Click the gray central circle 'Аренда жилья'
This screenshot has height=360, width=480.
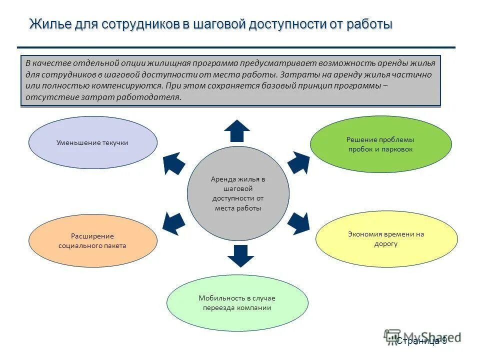click(x=238, y=193)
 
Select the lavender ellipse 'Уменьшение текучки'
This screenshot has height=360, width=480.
click(x=92, y=142)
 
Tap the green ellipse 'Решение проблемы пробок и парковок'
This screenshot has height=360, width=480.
click(x=380, y=144)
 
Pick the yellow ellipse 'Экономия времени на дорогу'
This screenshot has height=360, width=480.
click(x=386, y=239)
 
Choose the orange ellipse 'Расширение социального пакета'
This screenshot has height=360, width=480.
click(x=92, y=241)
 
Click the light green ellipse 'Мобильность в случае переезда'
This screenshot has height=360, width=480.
click(x=237, y=303)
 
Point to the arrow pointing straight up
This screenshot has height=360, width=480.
click(x=237, y=131)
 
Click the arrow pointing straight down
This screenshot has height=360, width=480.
click(x=240, y=255)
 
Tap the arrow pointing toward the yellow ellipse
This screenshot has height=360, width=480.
click(x=298, y=223)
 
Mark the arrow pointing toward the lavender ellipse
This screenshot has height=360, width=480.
click(x=174, y=163)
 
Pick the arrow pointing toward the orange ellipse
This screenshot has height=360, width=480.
click(x=174, y=221)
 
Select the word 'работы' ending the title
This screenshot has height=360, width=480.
click(x=368, y=24)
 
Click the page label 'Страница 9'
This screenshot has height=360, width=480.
click(x=421, y=341)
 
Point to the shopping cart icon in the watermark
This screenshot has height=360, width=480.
click(x=392, y=336)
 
